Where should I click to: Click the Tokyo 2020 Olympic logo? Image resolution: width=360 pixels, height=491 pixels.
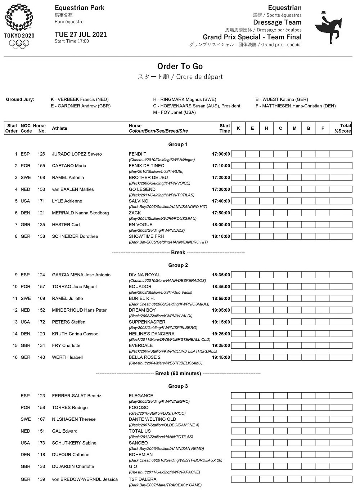[x=19, y=26]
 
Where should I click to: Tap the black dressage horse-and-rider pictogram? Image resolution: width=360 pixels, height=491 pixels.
[x=328, y=28]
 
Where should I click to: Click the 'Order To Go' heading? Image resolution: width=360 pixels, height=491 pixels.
[x=180, y=66]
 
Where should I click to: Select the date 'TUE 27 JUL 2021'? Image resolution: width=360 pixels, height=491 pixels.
[x=81, y=35]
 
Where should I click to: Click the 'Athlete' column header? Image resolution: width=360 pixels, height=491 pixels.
[x=60, y=128]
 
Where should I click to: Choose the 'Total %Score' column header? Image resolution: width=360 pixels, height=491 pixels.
[x=342, y=128]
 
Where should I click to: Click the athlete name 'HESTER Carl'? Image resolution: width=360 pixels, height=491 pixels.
[x=66, y=225]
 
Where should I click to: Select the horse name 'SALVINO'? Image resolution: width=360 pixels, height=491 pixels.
[x=139, y=201]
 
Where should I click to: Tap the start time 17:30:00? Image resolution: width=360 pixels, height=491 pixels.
[x=221, y=189]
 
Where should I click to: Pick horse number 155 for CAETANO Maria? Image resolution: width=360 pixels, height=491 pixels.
[x=41, y=166]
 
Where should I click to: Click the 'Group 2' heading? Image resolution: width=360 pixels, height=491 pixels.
[x=178, y=265]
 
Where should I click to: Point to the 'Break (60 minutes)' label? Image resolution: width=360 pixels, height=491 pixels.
[x=178, y=374]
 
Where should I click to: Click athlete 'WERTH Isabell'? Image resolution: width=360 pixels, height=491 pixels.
[x=67, y=357]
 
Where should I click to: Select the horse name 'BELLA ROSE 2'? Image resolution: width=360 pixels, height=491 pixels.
[x=145, y=357]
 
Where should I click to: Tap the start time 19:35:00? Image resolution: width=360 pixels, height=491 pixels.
[x=221, y=345]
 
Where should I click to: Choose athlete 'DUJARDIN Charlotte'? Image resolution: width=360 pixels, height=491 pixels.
[x=73, y=467]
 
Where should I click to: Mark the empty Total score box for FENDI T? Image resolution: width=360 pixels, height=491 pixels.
[x=341, y=154]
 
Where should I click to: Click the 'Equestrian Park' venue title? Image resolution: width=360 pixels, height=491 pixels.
[x=80, y=8]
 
